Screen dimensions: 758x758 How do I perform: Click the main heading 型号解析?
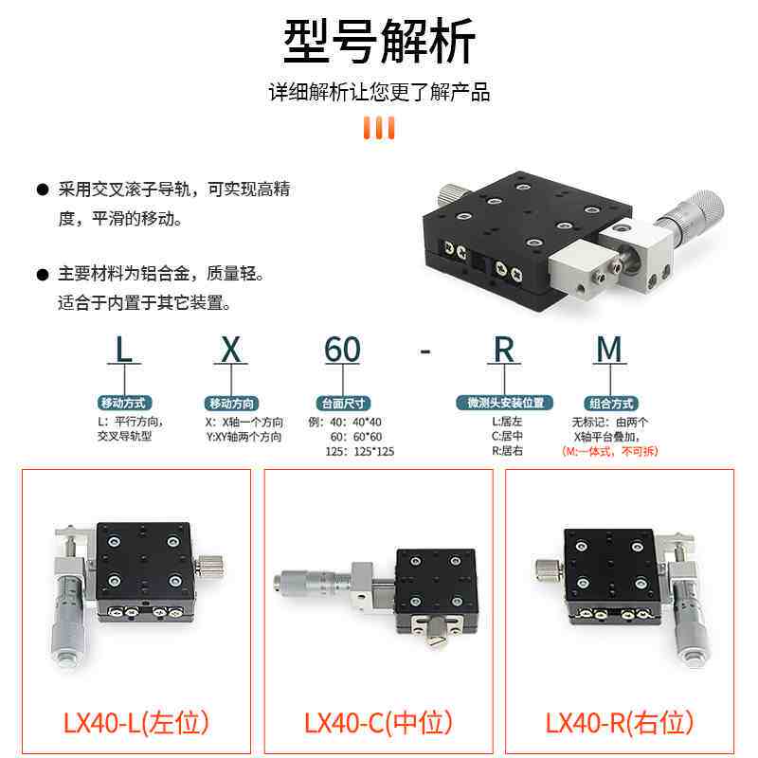click(x=379, y=43)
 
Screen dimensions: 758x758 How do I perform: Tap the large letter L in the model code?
click(x=123, y=350)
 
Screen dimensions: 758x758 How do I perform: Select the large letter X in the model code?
click(x=231, y=350)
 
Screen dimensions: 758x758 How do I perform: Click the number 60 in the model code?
click(x=342, y=350)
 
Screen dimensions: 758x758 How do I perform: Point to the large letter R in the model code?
click(x=504, y=350)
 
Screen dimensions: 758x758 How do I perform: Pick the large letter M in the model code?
click(x=609, y=350)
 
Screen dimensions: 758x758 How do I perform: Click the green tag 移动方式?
click(x=123, y=403)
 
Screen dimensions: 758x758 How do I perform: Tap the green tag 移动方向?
click(x=231, y=403)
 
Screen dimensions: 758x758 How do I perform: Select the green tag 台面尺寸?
click(x=343, y=403)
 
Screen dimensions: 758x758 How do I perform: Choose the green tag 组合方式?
click(x=609, y=403)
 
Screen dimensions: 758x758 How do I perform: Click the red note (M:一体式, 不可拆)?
click(x=609, y=452)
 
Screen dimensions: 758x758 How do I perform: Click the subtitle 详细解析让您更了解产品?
click(x=379, y=93)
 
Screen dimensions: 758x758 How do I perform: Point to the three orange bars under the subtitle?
click(x=379, y=127)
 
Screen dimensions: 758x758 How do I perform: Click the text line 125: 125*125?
click(x=359, y=452)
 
